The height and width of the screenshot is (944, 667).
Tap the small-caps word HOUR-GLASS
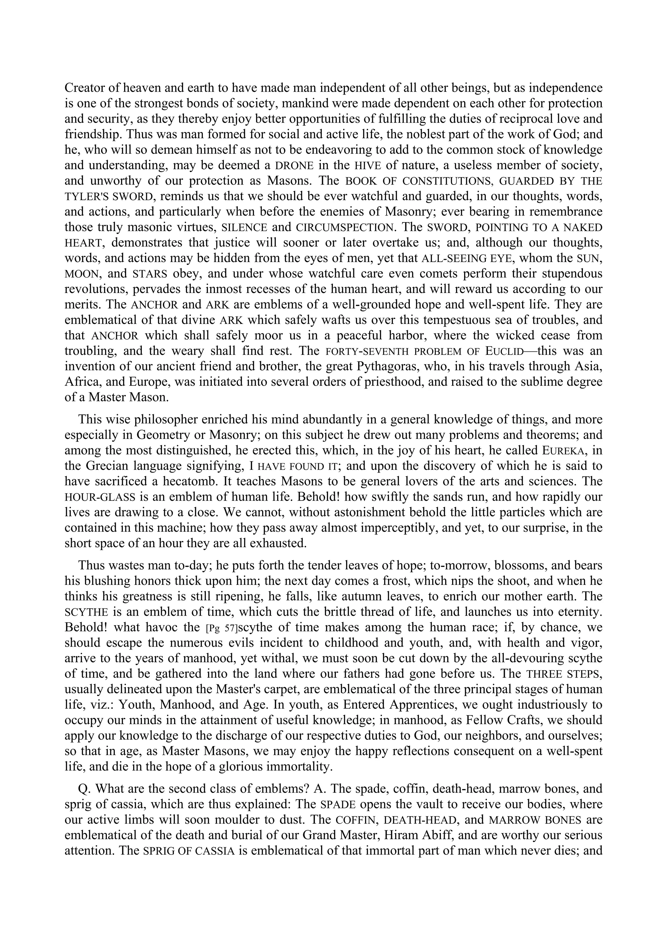click(100, 497)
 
